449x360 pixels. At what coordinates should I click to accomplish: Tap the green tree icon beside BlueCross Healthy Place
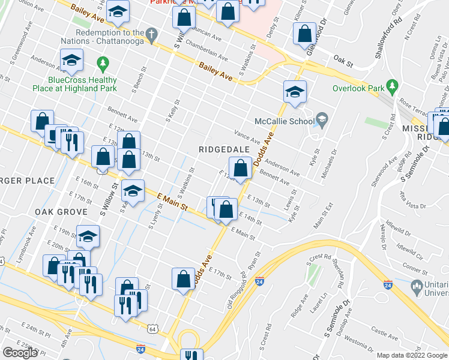click(103, 62)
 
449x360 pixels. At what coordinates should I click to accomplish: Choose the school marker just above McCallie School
click(295, 92)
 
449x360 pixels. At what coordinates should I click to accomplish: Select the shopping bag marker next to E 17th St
click(183, 279)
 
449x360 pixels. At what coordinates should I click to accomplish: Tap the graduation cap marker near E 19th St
click(88, 236)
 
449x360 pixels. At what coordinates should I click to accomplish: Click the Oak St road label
click(342, 61)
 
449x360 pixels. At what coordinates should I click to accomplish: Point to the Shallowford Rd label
click(379, 40)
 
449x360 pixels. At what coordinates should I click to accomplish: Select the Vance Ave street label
click(247, 139)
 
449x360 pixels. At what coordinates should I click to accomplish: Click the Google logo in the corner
click(20, 353)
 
